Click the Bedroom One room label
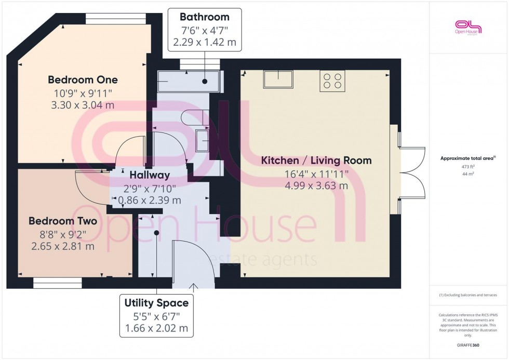(83, 79)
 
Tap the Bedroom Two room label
(55, 221)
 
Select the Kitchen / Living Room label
(316, 160)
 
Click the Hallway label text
(150, 175)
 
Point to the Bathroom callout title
(205, 17)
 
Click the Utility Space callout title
(156, 302)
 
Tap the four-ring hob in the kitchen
(332, 81)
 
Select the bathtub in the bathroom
(189, 82)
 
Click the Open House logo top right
(468, 26)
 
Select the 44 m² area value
(468, 174)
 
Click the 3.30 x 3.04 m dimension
(83, 105)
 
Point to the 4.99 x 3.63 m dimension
(316, 185)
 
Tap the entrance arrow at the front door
(194, 286)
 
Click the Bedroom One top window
(116, 19)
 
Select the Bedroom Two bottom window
(58, 283)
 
